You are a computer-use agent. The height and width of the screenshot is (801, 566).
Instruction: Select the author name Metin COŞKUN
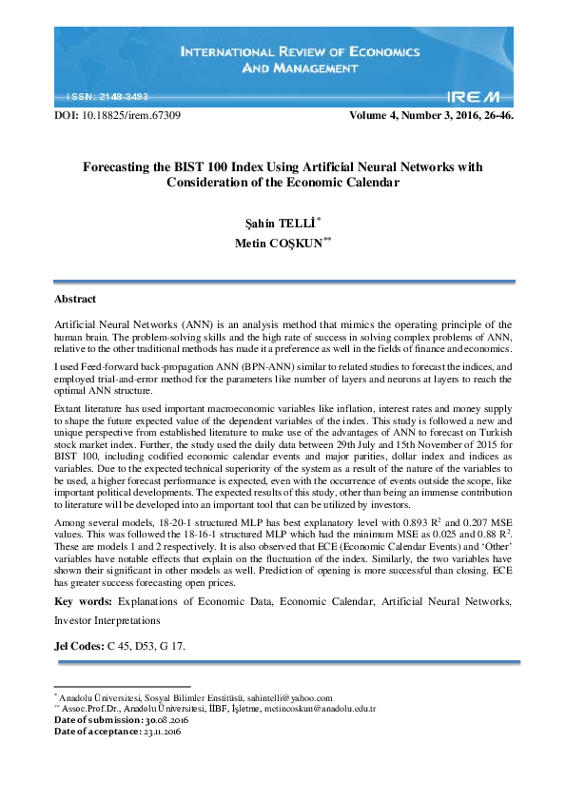[280, 244]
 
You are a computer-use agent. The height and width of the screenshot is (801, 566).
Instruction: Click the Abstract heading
[75, 300]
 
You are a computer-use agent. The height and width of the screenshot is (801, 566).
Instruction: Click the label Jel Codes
[79, 646]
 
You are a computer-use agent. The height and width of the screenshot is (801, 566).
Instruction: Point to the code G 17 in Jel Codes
[173, 646]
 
